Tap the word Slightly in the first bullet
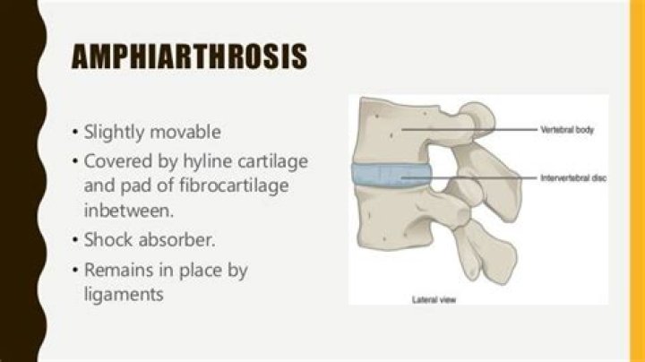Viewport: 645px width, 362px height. point(112,132)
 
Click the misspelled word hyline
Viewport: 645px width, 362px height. point(185,163)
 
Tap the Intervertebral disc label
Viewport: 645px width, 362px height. point(573,178)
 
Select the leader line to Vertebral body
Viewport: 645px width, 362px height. point(475,130)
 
